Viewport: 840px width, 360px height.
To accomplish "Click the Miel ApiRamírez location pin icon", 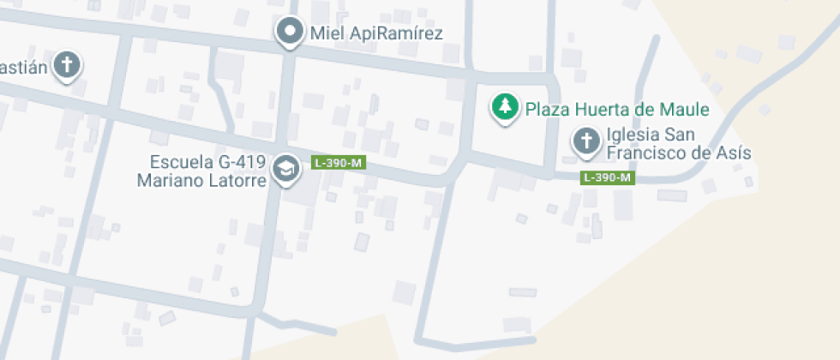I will pyautogui.click(x=291, y=32).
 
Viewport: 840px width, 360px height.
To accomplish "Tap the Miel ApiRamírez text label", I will pyautogui.click(x=376, y=34).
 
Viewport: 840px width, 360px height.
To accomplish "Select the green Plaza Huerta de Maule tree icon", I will pyautogui.click(x=506, y=107).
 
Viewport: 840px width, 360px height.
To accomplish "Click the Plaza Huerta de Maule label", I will pyautogui.click(x=617, y=110).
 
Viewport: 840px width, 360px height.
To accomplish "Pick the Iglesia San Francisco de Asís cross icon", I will pyautogui.click(x=586, y=141).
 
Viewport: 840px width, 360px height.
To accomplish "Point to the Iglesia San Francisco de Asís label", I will pyautogui.click(x=678, y=144).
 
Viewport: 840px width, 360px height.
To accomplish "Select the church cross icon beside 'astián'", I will pyautogui.click(x=66, y=64).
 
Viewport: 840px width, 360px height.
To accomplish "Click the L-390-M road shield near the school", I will pyautogui.click(x=339, y=162).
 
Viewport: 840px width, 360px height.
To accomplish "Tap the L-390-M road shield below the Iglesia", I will pyautogui.click(x=608, y=177).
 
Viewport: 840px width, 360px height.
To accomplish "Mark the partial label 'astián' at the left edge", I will pyautogui.click(x=22, y=67).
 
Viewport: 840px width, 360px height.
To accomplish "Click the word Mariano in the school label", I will pyautogui.click(x=171, y=181).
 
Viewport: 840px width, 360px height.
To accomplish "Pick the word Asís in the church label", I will pyautogui.click(x=735, y=153).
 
